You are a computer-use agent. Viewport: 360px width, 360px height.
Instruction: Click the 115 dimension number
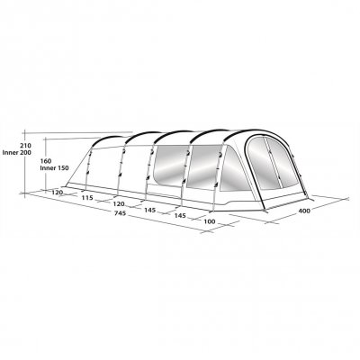[87, 198]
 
